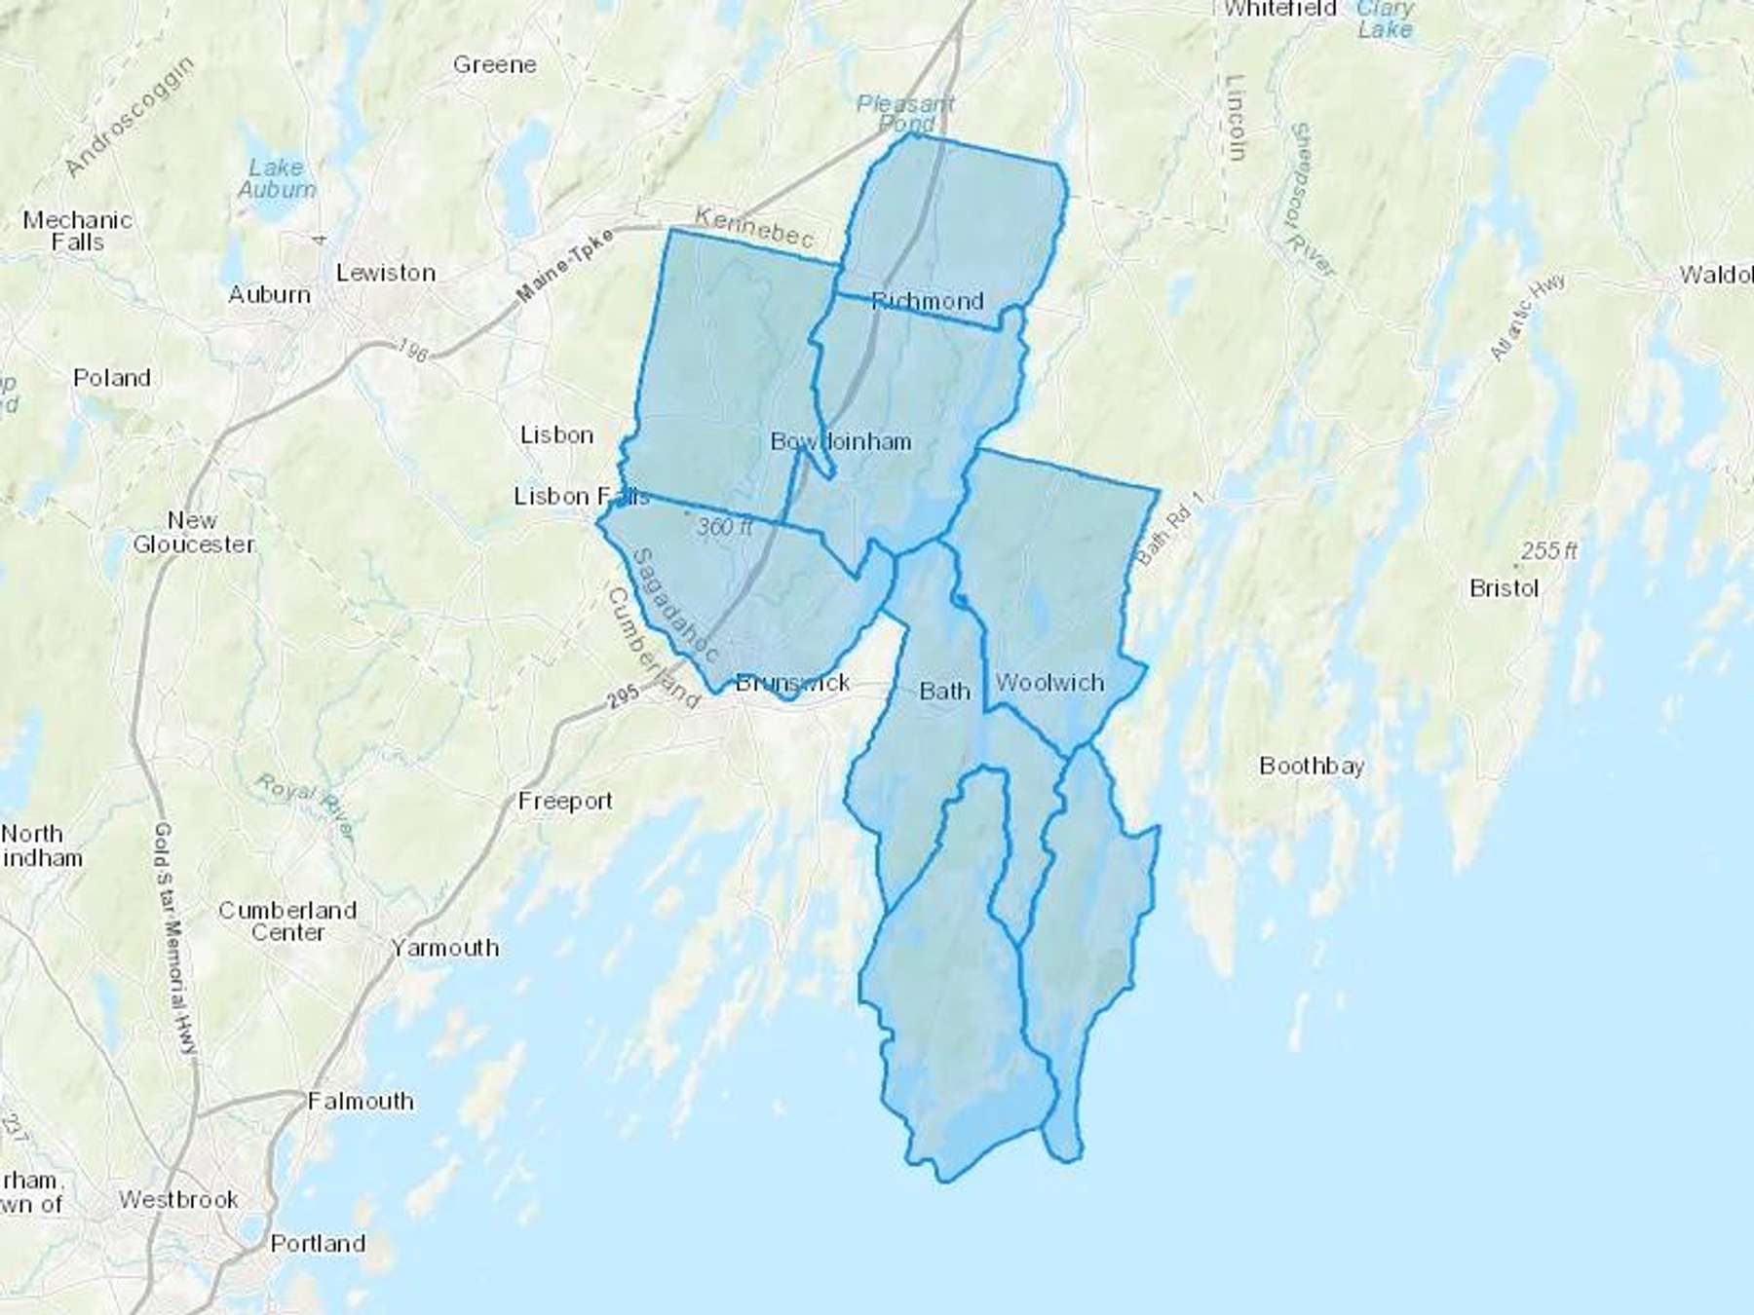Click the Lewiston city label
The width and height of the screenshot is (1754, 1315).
[386, 273]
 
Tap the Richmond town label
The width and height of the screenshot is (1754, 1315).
[927, 301]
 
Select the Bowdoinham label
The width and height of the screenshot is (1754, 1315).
[841, 442]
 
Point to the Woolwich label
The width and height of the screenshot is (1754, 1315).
[1049, 683]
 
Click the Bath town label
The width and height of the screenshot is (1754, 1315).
[944, 692]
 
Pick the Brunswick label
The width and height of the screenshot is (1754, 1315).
[792, 683]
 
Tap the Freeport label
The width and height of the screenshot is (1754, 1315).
[565, 801]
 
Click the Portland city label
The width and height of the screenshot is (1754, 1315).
[318, 1244]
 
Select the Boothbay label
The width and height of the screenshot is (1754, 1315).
[1312, 766]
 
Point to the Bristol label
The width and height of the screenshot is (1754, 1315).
[1504, 588]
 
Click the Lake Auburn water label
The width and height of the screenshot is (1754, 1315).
[277, 178]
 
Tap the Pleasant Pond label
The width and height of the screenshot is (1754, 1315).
[906, 113]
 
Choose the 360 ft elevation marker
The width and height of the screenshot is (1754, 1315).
[724, 527]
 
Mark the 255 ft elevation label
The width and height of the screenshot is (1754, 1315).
[1548, 550]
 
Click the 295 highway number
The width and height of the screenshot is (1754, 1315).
[623, 695]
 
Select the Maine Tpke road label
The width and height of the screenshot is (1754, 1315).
[565, 264]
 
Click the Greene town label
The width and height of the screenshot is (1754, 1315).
[495, 65]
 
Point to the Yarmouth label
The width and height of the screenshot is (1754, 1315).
[445, 948]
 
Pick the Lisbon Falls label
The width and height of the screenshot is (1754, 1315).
[581, 497]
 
